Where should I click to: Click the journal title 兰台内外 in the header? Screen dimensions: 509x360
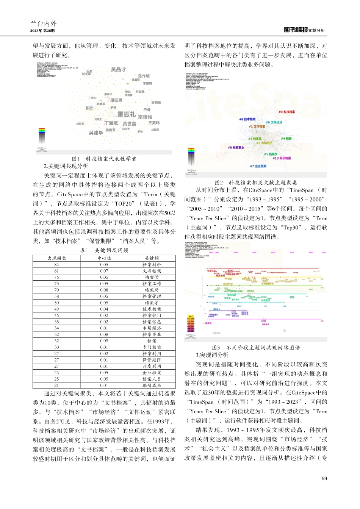(x=44, y=23)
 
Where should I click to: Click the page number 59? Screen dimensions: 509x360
(x=324, y=479)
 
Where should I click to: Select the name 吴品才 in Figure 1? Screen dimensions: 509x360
(x=118, y=69)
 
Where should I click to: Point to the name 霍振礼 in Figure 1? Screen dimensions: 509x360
(x=126, y=114)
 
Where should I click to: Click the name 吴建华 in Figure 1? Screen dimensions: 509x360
(x=96, y=133)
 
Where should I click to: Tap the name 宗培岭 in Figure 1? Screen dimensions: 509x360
(x=145, y=117)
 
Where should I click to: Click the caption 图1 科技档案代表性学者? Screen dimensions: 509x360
(x=104, y=159)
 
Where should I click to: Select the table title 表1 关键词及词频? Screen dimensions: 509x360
(x=104, y=250)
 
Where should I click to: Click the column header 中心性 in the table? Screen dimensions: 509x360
(x=104, y=258)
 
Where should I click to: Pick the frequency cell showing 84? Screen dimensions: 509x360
(x=56, y=265)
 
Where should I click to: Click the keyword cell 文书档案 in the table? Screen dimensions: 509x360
(x=152, y=271)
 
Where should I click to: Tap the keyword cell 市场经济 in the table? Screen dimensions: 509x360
(x=152, y=328)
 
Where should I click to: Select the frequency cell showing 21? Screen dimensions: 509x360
(x=56, y=386)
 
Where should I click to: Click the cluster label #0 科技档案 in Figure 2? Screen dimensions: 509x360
(x=286, y=112)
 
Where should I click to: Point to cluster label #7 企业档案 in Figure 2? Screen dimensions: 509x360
(x=258, y=166)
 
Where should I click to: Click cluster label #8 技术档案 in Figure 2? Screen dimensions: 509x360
(x=247, y=119)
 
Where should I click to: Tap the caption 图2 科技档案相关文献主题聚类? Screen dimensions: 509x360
(x=256, y=183)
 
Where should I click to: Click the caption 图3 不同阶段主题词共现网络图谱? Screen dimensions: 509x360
(x=256, y=347)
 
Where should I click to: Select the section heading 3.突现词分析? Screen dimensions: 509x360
(x=212, y=355)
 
